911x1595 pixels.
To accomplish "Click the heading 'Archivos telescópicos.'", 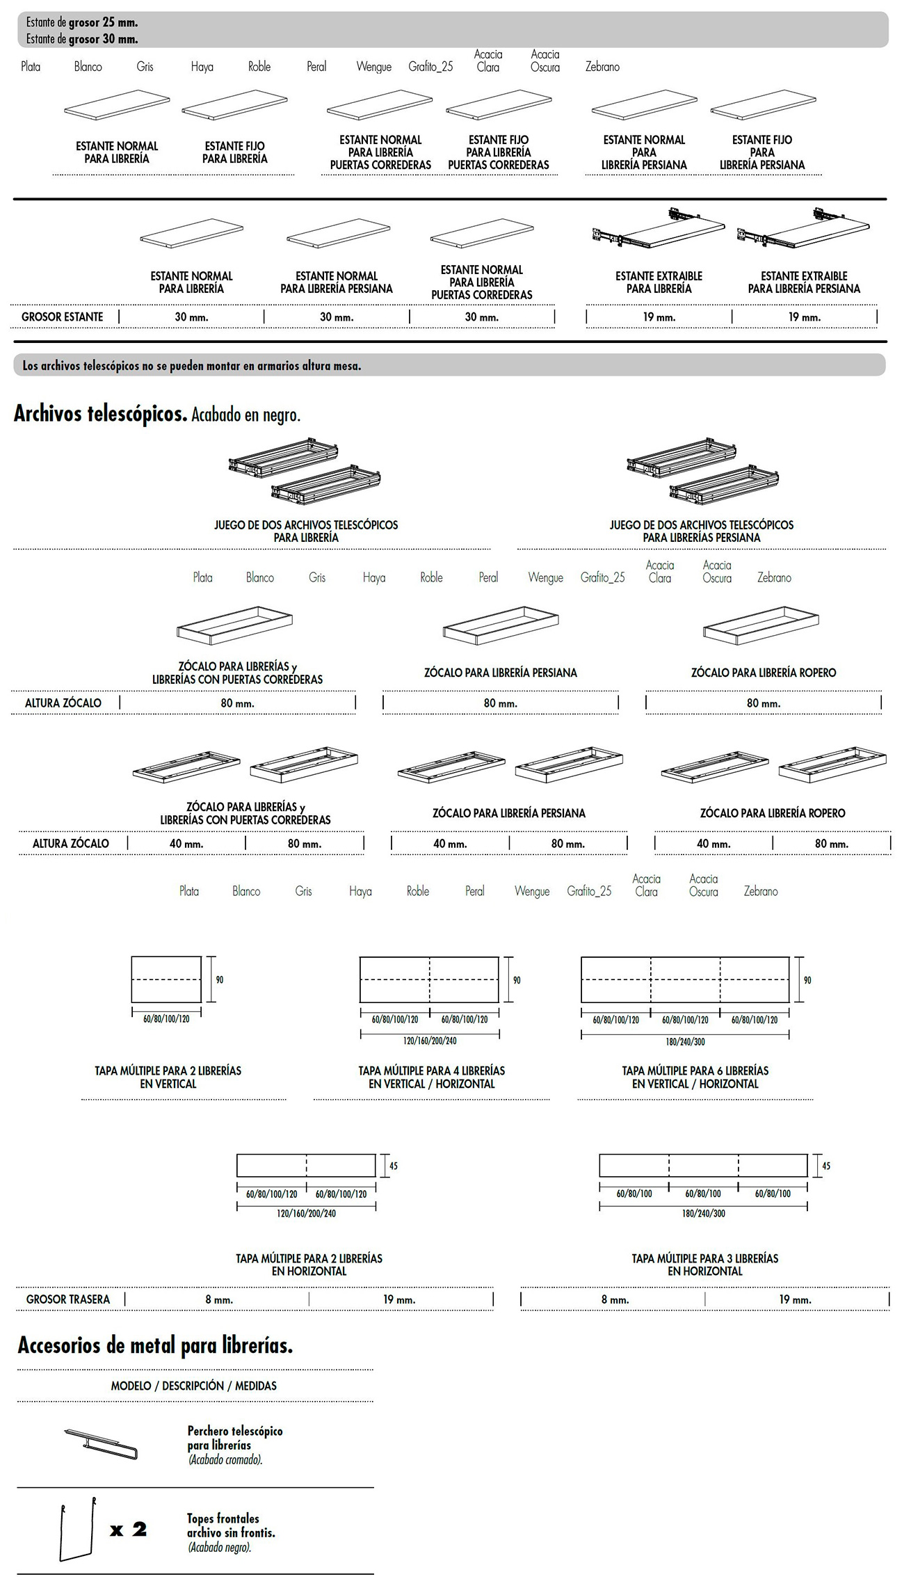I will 100,415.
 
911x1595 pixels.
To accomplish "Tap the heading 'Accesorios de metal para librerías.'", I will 155,1345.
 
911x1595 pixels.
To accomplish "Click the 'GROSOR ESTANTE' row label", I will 62,317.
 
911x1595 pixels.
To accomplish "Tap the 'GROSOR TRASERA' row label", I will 68,1299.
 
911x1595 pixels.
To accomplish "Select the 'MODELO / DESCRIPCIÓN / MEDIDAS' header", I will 193,1386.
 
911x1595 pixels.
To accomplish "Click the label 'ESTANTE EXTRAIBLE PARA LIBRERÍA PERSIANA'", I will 804,282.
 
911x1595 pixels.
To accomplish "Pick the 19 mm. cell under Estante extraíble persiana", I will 804,317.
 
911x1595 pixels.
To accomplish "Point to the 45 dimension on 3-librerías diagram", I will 826,1166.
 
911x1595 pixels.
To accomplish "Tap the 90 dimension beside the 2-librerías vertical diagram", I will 220,979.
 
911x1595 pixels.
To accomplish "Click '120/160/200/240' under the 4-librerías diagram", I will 430,1041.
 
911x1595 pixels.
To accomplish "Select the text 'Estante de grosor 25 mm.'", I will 82,23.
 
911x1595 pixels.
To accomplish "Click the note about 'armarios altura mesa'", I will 192,366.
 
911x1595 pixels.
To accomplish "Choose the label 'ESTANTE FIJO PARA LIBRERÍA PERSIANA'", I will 762,152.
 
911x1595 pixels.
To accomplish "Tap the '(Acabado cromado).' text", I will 225,1460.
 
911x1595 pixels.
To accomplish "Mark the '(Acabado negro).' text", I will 220,1547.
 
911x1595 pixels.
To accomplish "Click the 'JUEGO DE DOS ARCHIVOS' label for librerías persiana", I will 702,531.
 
